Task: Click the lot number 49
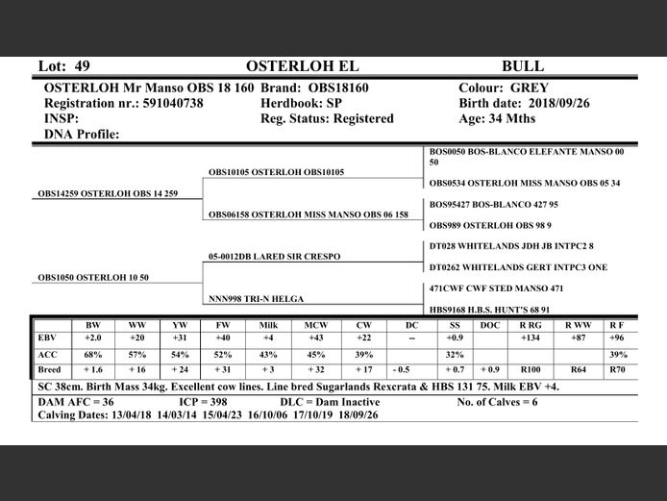[x=82, y=66]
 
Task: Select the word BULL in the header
[x=523, y=66]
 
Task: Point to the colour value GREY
[x=530, y=88]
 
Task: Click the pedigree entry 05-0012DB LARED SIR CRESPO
[x=274, y=257]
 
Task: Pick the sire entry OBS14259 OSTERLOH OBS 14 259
[x=108, y=193]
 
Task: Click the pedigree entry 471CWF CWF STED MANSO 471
[x=496, y=288]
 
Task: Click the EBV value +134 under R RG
[x=530, y=338]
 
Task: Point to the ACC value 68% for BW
[x=93, y=354]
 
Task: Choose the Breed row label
[x=49, y=369]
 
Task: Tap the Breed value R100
[x=530, y=369]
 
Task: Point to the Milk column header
[x=268, y=325]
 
